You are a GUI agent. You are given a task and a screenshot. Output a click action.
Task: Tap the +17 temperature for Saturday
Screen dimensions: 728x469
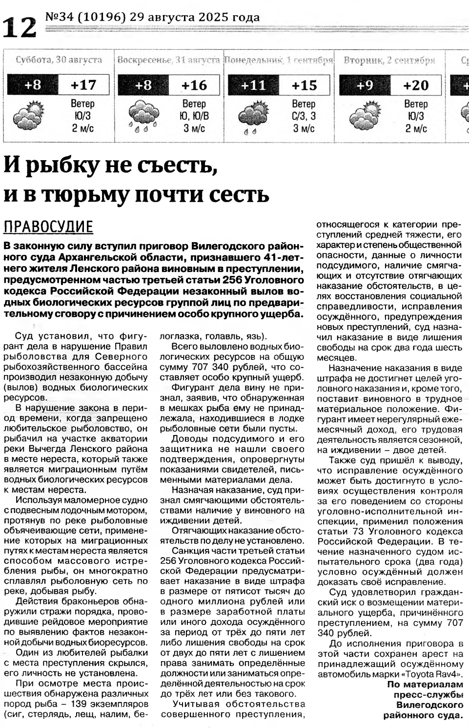(83, 85)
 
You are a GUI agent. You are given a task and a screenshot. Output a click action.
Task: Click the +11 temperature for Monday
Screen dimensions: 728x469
(253, 85)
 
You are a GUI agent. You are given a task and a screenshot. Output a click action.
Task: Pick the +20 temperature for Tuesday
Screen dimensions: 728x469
(416, 85)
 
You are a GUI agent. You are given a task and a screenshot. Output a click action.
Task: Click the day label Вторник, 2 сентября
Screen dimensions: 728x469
(389, 61)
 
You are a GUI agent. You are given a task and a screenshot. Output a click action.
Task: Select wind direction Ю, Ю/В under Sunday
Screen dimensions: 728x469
(194, 116)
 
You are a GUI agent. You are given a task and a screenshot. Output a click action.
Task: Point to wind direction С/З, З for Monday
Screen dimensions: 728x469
(304, 116)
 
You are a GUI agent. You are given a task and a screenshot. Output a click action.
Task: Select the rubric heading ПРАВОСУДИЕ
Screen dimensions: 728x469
(48, 228)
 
